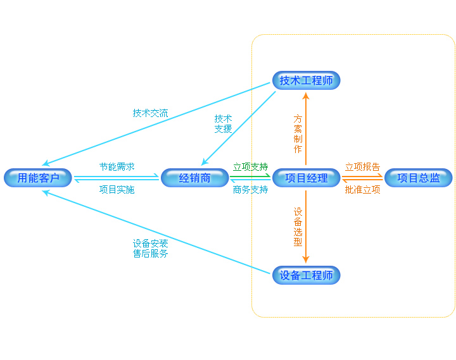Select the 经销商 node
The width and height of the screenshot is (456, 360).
point(195,178)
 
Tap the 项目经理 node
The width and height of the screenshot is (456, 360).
point(307,178)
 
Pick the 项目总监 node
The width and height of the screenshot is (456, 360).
point(419,178)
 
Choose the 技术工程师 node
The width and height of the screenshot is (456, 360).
point(307,80)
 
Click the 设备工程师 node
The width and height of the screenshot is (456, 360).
point(307,275)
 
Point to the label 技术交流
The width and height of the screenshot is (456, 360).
point(150,113)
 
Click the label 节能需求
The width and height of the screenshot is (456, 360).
point(117,167)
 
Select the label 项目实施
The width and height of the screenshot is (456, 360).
point(117,189)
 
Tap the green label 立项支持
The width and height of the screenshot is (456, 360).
point(250,167)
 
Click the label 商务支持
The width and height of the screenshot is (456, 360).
point(250,189)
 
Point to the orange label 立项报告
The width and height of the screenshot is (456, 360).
point(362,167)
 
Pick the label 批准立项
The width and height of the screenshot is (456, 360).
point(362,189)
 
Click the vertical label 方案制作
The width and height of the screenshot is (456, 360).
point(298,133)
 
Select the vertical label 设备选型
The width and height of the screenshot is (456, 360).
point(298,227)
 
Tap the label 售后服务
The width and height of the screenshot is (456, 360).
point(150,254)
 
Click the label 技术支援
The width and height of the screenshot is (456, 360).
point(223,123)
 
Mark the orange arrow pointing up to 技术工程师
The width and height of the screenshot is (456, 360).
point(306,127)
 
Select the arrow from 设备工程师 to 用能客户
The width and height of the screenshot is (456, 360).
point(158,232)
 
